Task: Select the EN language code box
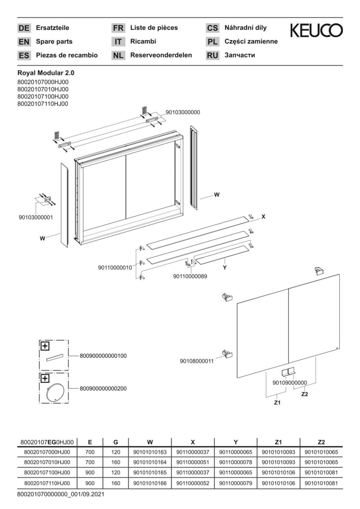24,42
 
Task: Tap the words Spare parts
54,41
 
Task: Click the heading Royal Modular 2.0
46,74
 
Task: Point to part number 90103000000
183,112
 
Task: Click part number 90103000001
36,217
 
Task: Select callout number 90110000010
115,268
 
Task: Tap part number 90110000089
190,277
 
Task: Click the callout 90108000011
196,361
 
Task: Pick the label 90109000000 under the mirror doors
290,383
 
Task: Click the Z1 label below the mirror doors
277,402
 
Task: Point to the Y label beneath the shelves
225,268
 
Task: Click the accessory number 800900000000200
103,388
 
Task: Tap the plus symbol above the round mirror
45,378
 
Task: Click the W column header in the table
150,442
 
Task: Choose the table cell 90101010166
150,483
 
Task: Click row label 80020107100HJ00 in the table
47,473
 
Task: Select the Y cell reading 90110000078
236,462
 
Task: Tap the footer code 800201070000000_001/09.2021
61,494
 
